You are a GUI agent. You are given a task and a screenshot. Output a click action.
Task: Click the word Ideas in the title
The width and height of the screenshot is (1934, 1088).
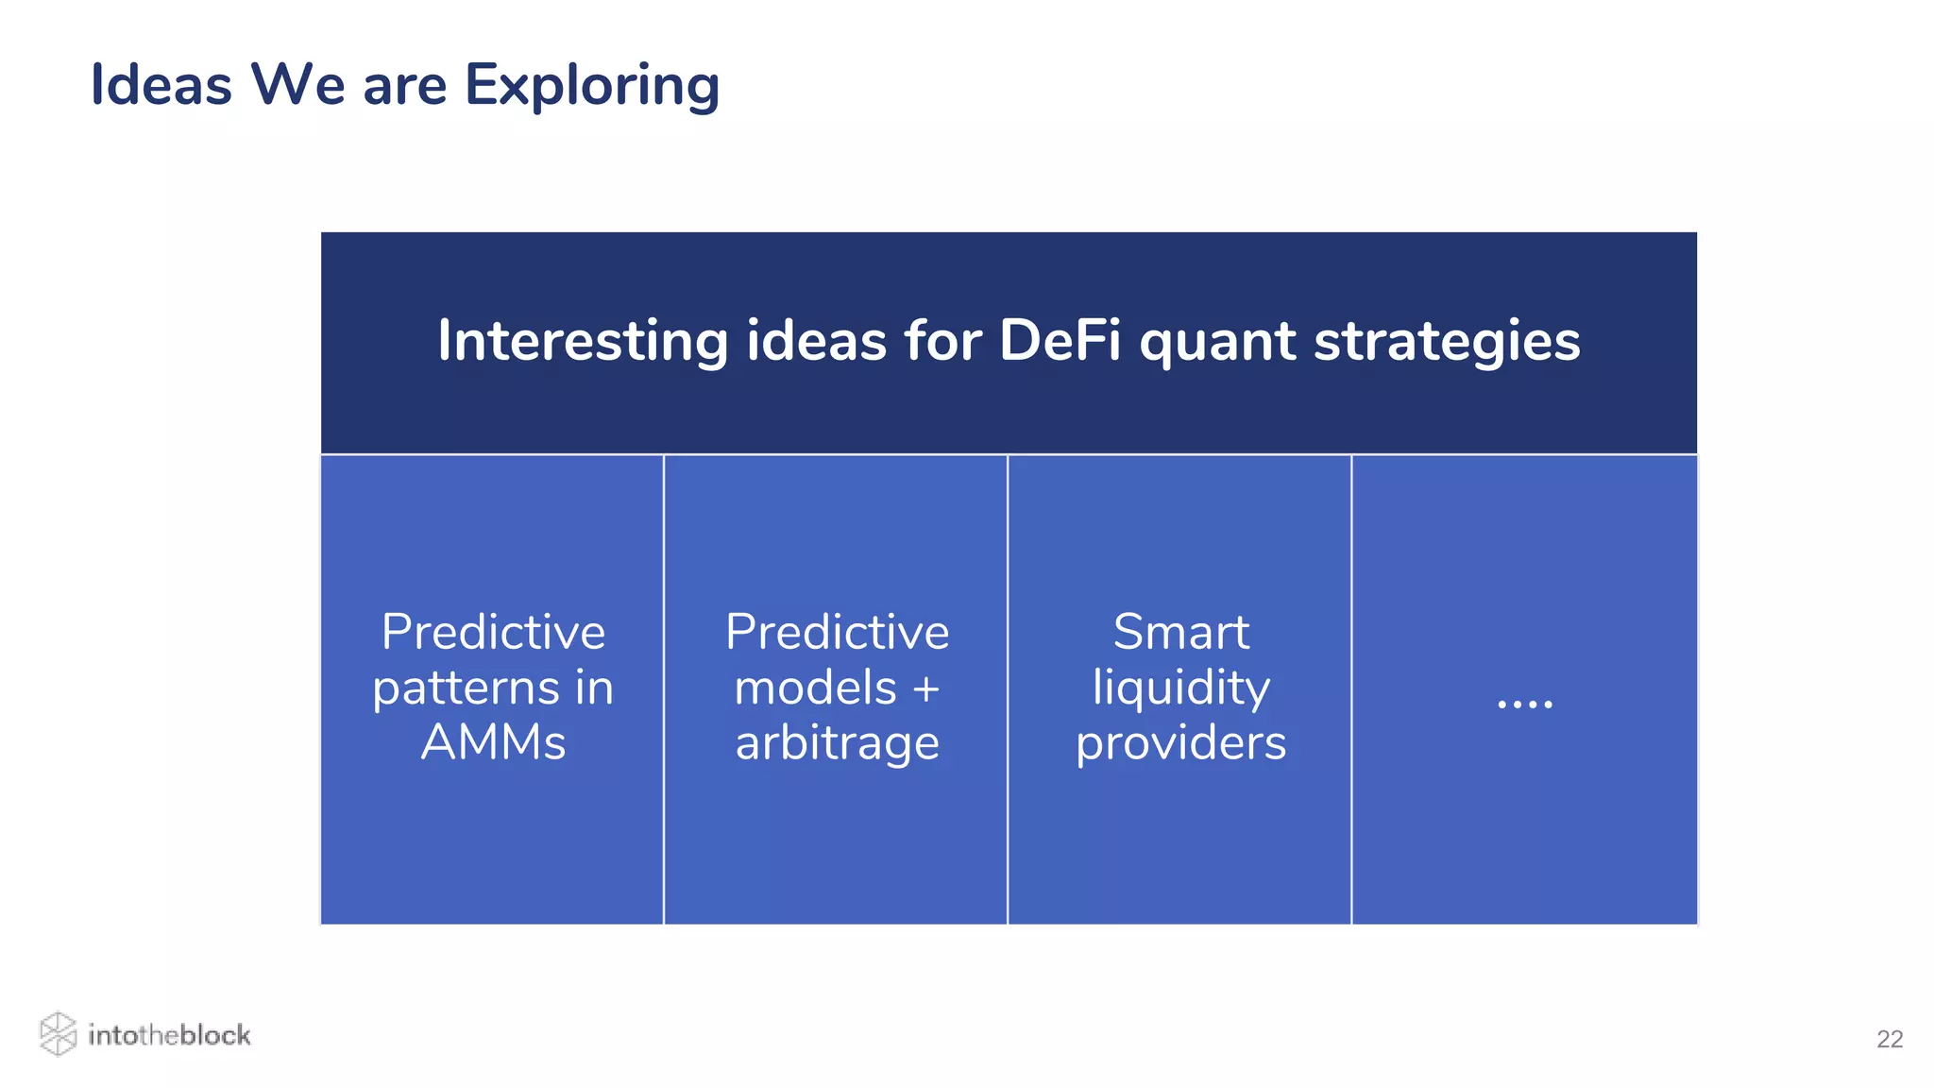pos(161,85)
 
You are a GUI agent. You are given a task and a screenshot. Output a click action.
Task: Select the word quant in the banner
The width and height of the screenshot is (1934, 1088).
pos(1217,342)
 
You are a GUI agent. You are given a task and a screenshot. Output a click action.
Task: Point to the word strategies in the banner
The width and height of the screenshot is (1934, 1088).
pos(1447,342)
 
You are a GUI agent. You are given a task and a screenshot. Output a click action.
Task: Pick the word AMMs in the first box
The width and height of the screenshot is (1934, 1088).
pos(493,742)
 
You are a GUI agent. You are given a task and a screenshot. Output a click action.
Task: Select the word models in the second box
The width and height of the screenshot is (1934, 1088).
pos(815,688)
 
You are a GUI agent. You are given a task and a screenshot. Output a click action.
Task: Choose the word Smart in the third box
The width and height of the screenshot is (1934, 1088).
pos(1180,632)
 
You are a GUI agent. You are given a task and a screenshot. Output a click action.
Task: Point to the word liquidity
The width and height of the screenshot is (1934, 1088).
pos(1180,688)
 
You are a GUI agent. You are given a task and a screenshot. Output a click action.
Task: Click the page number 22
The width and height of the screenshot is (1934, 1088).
pos(1889,1039)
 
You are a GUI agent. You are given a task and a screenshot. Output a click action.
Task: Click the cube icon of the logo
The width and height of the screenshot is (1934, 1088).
pos(58,1034)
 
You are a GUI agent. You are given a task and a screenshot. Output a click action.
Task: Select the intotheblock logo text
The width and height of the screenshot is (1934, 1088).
pos(169,1035)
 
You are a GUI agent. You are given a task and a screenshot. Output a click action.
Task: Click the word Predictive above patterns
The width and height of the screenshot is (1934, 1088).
pos(493,632)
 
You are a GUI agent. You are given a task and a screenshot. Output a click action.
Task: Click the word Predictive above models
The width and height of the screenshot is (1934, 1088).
pos(837,632)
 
